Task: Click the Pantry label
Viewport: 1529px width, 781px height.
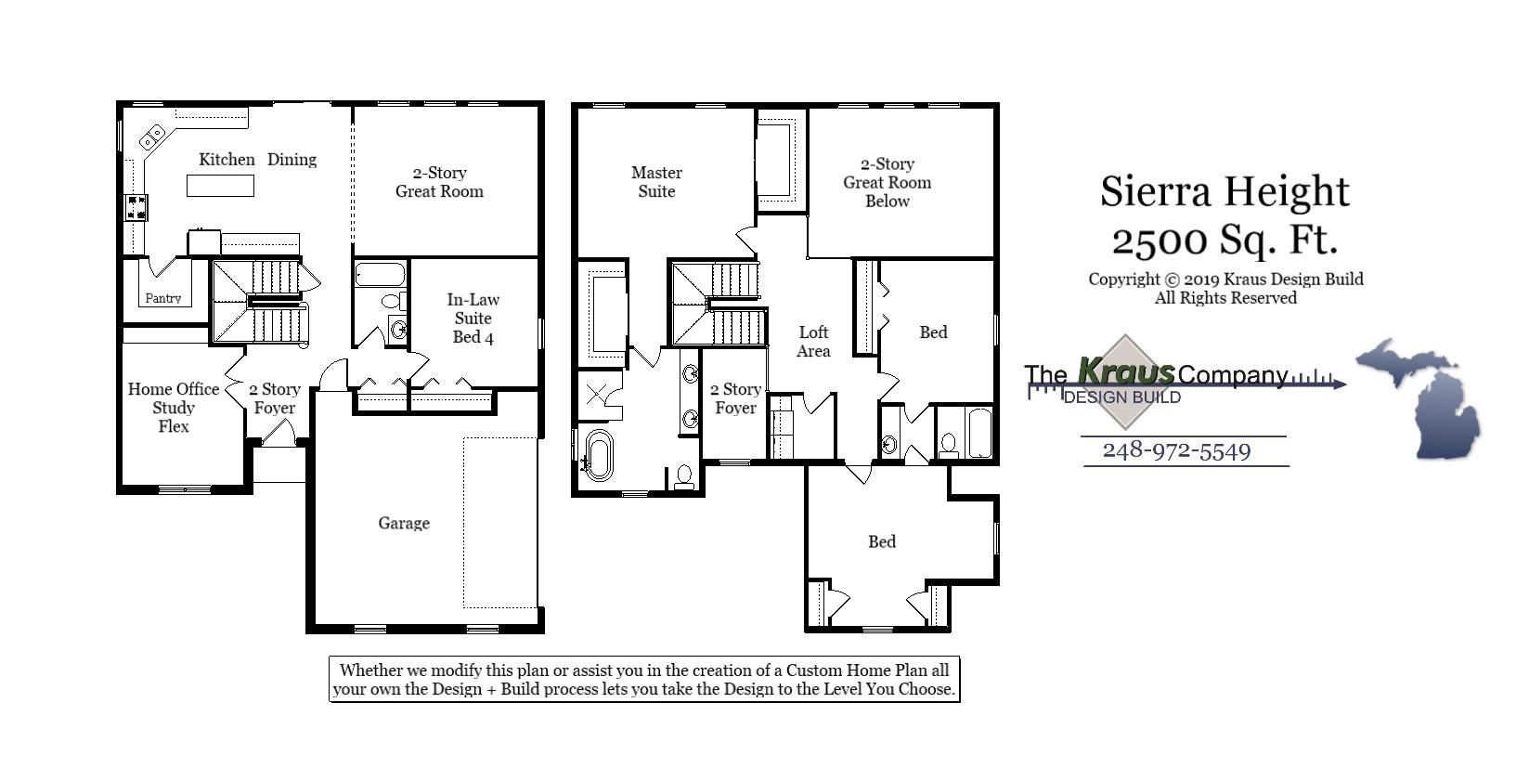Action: (163, 298)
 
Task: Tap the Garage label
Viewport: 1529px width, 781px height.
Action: (404, 524)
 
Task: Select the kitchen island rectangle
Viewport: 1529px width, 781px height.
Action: (220, 186)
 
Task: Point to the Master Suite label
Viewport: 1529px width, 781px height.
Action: (656, 182)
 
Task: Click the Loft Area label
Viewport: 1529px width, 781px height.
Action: (813, 342)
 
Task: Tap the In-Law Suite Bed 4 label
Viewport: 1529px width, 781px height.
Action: (473, 319)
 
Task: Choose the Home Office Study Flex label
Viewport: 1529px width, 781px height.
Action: (174, 408)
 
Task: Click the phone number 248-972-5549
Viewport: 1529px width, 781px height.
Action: (1176, 451)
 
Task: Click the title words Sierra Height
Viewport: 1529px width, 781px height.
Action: (1224, 191)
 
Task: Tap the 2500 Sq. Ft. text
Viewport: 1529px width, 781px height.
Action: (1224, 240)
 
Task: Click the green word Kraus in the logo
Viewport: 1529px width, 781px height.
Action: (1125, 371)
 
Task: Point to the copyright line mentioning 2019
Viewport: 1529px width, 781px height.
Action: (1225, 280)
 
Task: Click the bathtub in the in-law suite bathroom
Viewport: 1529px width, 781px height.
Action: (380, 274)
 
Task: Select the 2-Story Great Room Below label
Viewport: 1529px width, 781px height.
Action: (887, 183)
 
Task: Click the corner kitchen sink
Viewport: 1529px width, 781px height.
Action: (150, 139)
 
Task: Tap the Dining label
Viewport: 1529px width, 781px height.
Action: (292, 160)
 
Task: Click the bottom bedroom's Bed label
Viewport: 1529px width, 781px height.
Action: (882, 542)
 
